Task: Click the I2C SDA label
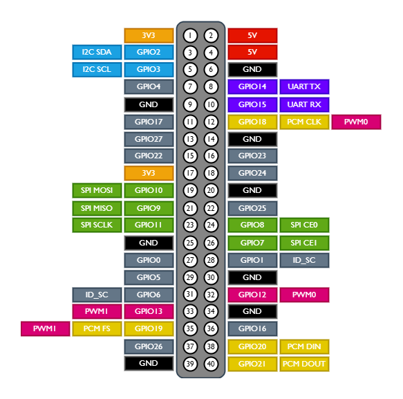[x=97, y=52]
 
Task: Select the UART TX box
[x=304, y=86]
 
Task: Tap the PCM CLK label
[x=304, y=122]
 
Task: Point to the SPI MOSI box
[x=97, y=190]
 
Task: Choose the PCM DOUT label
[x=304, y=364]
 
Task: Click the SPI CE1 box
[x=304, y=243]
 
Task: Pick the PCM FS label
[x=97, y=329]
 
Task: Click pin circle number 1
[x=190, y=35]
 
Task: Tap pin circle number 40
[x=211, y=364]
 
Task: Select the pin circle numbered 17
[x=190, y=173]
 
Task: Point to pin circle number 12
[x=211, y=122]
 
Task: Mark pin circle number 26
[x=211, y=243]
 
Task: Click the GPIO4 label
[x=149, y=86]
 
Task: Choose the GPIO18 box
[x=252, y=122]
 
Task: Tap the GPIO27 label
[x=149, y=139]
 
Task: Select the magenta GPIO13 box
[x=149, y=312]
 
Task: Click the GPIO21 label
[x=252, y=364]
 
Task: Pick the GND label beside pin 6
[x=252, y=69]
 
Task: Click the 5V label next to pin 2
[x=252, y=35]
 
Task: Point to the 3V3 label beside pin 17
[x=149, y=173]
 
